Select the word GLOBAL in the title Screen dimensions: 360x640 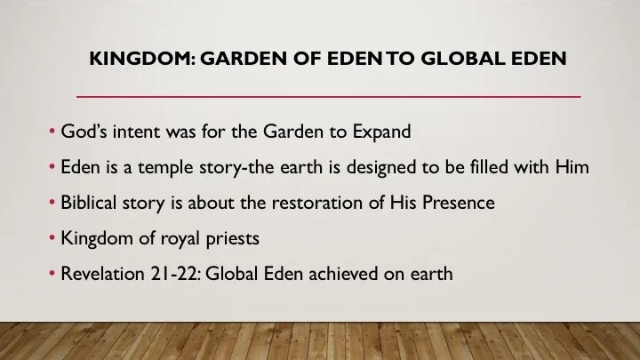(x=460, y=60)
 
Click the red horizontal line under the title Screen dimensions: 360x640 (x=329, y=94)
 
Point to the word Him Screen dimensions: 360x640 (x=571, y=167)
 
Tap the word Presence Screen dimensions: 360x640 (x=457, y=203)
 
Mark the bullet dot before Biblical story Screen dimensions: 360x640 (x=52, y=204)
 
